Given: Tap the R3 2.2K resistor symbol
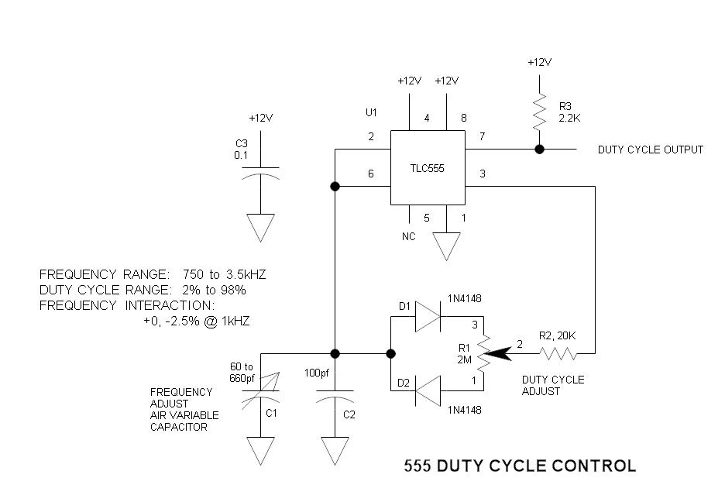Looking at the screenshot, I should pos(538,113).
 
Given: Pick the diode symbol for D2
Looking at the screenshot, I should pos(428,390).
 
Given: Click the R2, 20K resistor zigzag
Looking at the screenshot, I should pos(559,354).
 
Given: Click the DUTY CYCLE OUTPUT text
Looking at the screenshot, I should pos(650,150).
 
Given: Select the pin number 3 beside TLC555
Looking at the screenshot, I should pos(482,174).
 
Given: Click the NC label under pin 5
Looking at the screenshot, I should pos(408,236).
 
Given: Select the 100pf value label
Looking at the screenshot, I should pos(318,373).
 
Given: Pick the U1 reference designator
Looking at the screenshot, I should pos(371,112).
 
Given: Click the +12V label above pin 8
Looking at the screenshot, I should pos(446,81).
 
